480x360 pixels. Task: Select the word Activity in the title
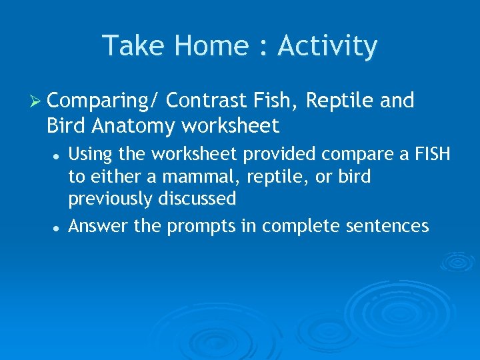pos(327,46)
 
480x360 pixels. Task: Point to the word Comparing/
pos(103,101)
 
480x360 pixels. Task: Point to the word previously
pos(110,199)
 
